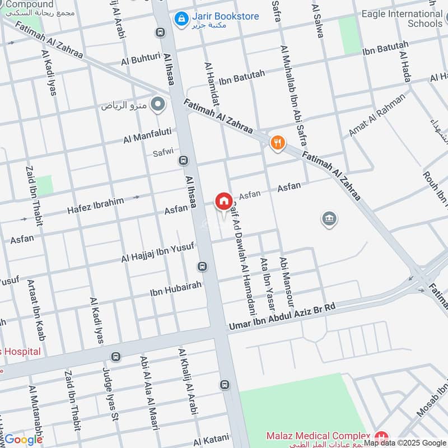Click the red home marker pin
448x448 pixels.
(223, 201)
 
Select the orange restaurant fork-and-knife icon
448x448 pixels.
(277, 143)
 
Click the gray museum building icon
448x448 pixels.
(329, 219)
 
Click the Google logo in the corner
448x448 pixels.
(24, 440)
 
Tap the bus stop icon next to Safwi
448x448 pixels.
(183, 161)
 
